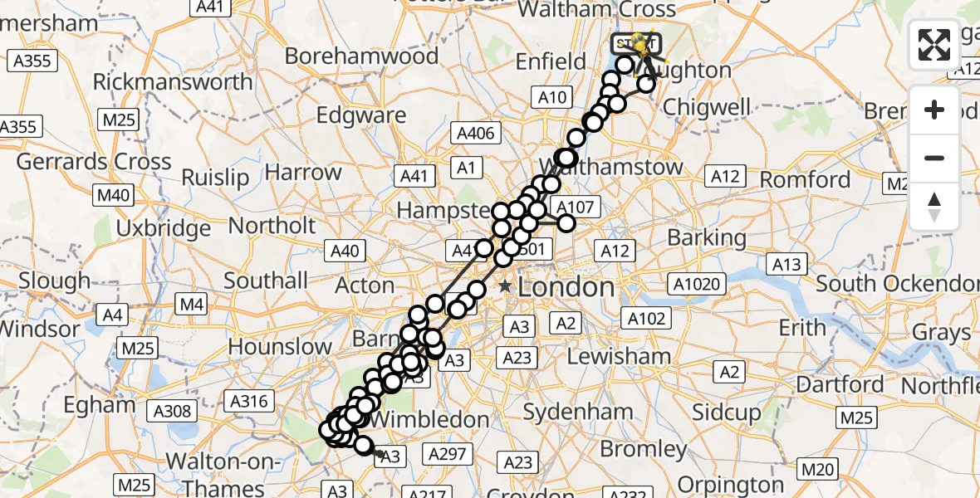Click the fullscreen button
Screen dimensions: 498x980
point(934,45)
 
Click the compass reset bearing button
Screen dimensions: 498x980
point(934,207)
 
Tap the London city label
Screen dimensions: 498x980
point(566,287)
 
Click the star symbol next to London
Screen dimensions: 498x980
point(504,286)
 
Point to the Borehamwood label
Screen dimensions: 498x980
point(361,56)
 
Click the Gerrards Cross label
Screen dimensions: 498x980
point(93,162)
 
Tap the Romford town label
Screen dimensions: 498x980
point(805,179)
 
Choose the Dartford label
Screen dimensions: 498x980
point(840,384)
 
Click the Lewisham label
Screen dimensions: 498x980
point(619,356)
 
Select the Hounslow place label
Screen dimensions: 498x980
point(280,346)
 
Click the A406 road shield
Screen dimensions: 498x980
point(475,133)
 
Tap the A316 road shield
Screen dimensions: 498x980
point(249,402)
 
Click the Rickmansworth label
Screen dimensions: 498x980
point(173,82)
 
